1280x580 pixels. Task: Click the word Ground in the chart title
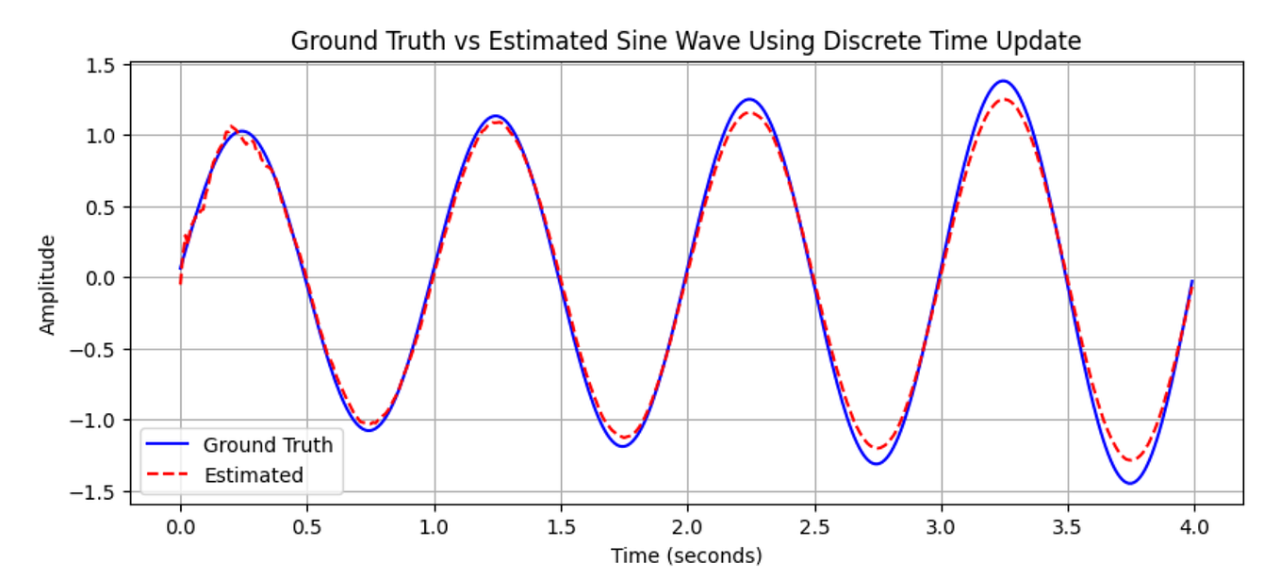pos(326,41)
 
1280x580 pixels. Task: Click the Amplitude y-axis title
pos(47,284)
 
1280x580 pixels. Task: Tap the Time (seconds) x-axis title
pos(686,555)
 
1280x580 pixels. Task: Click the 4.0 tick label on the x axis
pos(1194,524)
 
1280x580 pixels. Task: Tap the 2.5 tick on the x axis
pos(814,524)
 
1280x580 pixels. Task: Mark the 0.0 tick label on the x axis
pos(180,524)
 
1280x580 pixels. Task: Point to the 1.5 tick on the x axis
pos(561,524)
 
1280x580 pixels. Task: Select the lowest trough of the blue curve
pos(1130,484)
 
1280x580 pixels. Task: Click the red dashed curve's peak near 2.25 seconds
pos(749,112)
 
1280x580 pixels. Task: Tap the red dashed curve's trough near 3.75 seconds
pos(1130,460)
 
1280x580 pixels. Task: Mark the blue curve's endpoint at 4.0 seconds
pos(1192,281)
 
